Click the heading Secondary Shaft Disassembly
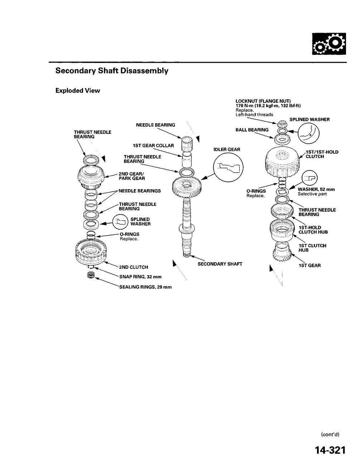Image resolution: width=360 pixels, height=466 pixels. click(112, 71)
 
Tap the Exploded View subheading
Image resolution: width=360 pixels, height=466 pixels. click(78, 91)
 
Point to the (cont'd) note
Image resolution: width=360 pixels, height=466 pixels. click(330, 434)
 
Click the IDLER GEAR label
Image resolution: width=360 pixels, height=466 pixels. click(227, 149)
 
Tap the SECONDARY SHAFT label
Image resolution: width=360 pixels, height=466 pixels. click(220, 264)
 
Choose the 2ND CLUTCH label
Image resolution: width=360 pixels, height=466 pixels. click(133, 267)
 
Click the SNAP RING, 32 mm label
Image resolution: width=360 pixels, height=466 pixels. click(138, 277)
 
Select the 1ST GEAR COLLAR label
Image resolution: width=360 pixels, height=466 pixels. click(153, 146)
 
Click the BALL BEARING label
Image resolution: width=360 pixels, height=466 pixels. click(252, 130)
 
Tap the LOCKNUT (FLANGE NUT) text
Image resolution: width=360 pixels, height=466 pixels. click(263, 101)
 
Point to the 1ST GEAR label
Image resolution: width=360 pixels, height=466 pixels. click(309, 265)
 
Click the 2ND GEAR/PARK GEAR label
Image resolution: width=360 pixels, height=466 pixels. click(131, 176)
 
